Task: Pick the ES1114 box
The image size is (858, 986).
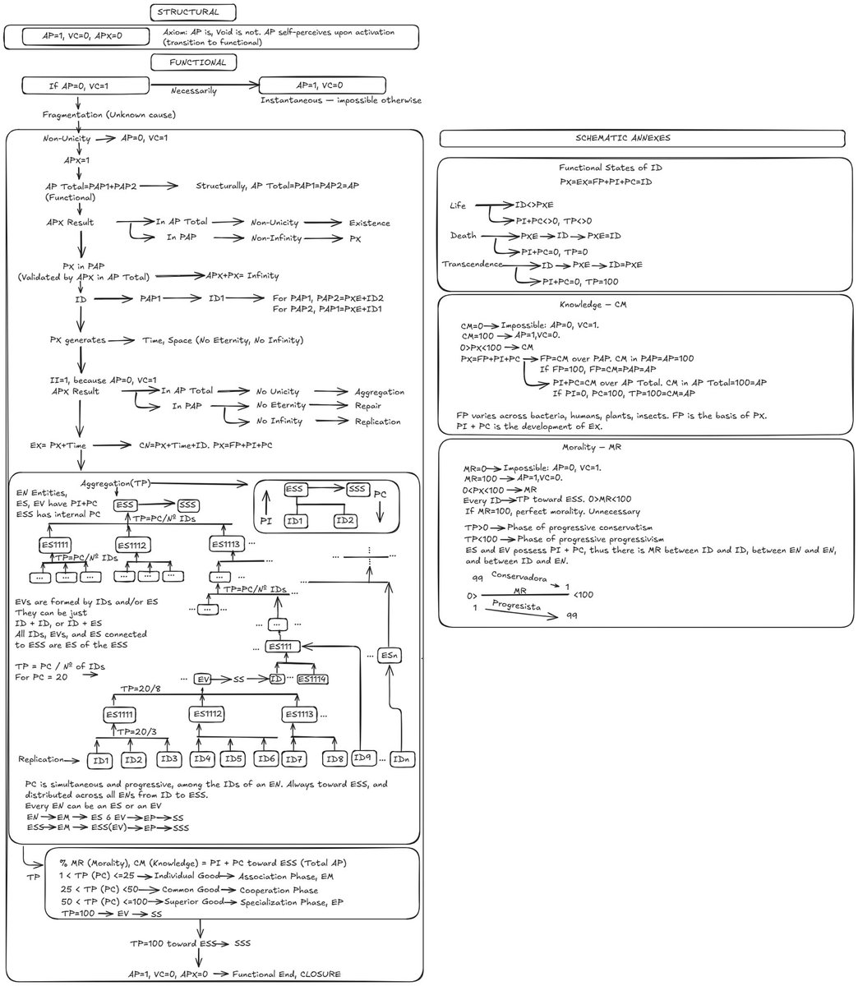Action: point(312,679)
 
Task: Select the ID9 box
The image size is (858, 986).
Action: point(362,758)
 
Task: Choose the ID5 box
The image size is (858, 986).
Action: point(234,758)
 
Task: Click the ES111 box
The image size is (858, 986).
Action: point(282,648)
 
